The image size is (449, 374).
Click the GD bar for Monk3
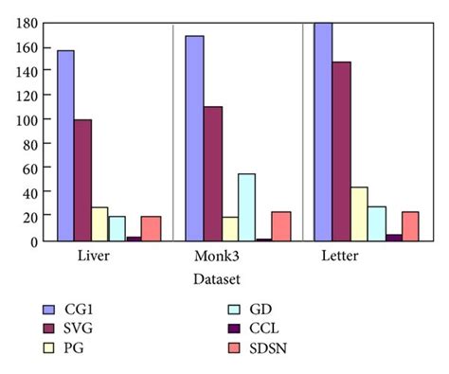(246, 207)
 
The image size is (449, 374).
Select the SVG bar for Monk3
(212, 173)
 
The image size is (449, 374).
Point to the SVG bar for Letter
(341, 151)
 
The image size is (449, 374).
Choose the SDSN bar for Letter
(409, 226)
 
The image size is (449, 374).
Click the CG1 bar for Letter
(323, 132)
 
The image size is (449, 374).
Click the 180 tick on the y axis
(26, 23)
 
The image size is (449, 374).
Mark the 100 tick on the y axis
(26, 120)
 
